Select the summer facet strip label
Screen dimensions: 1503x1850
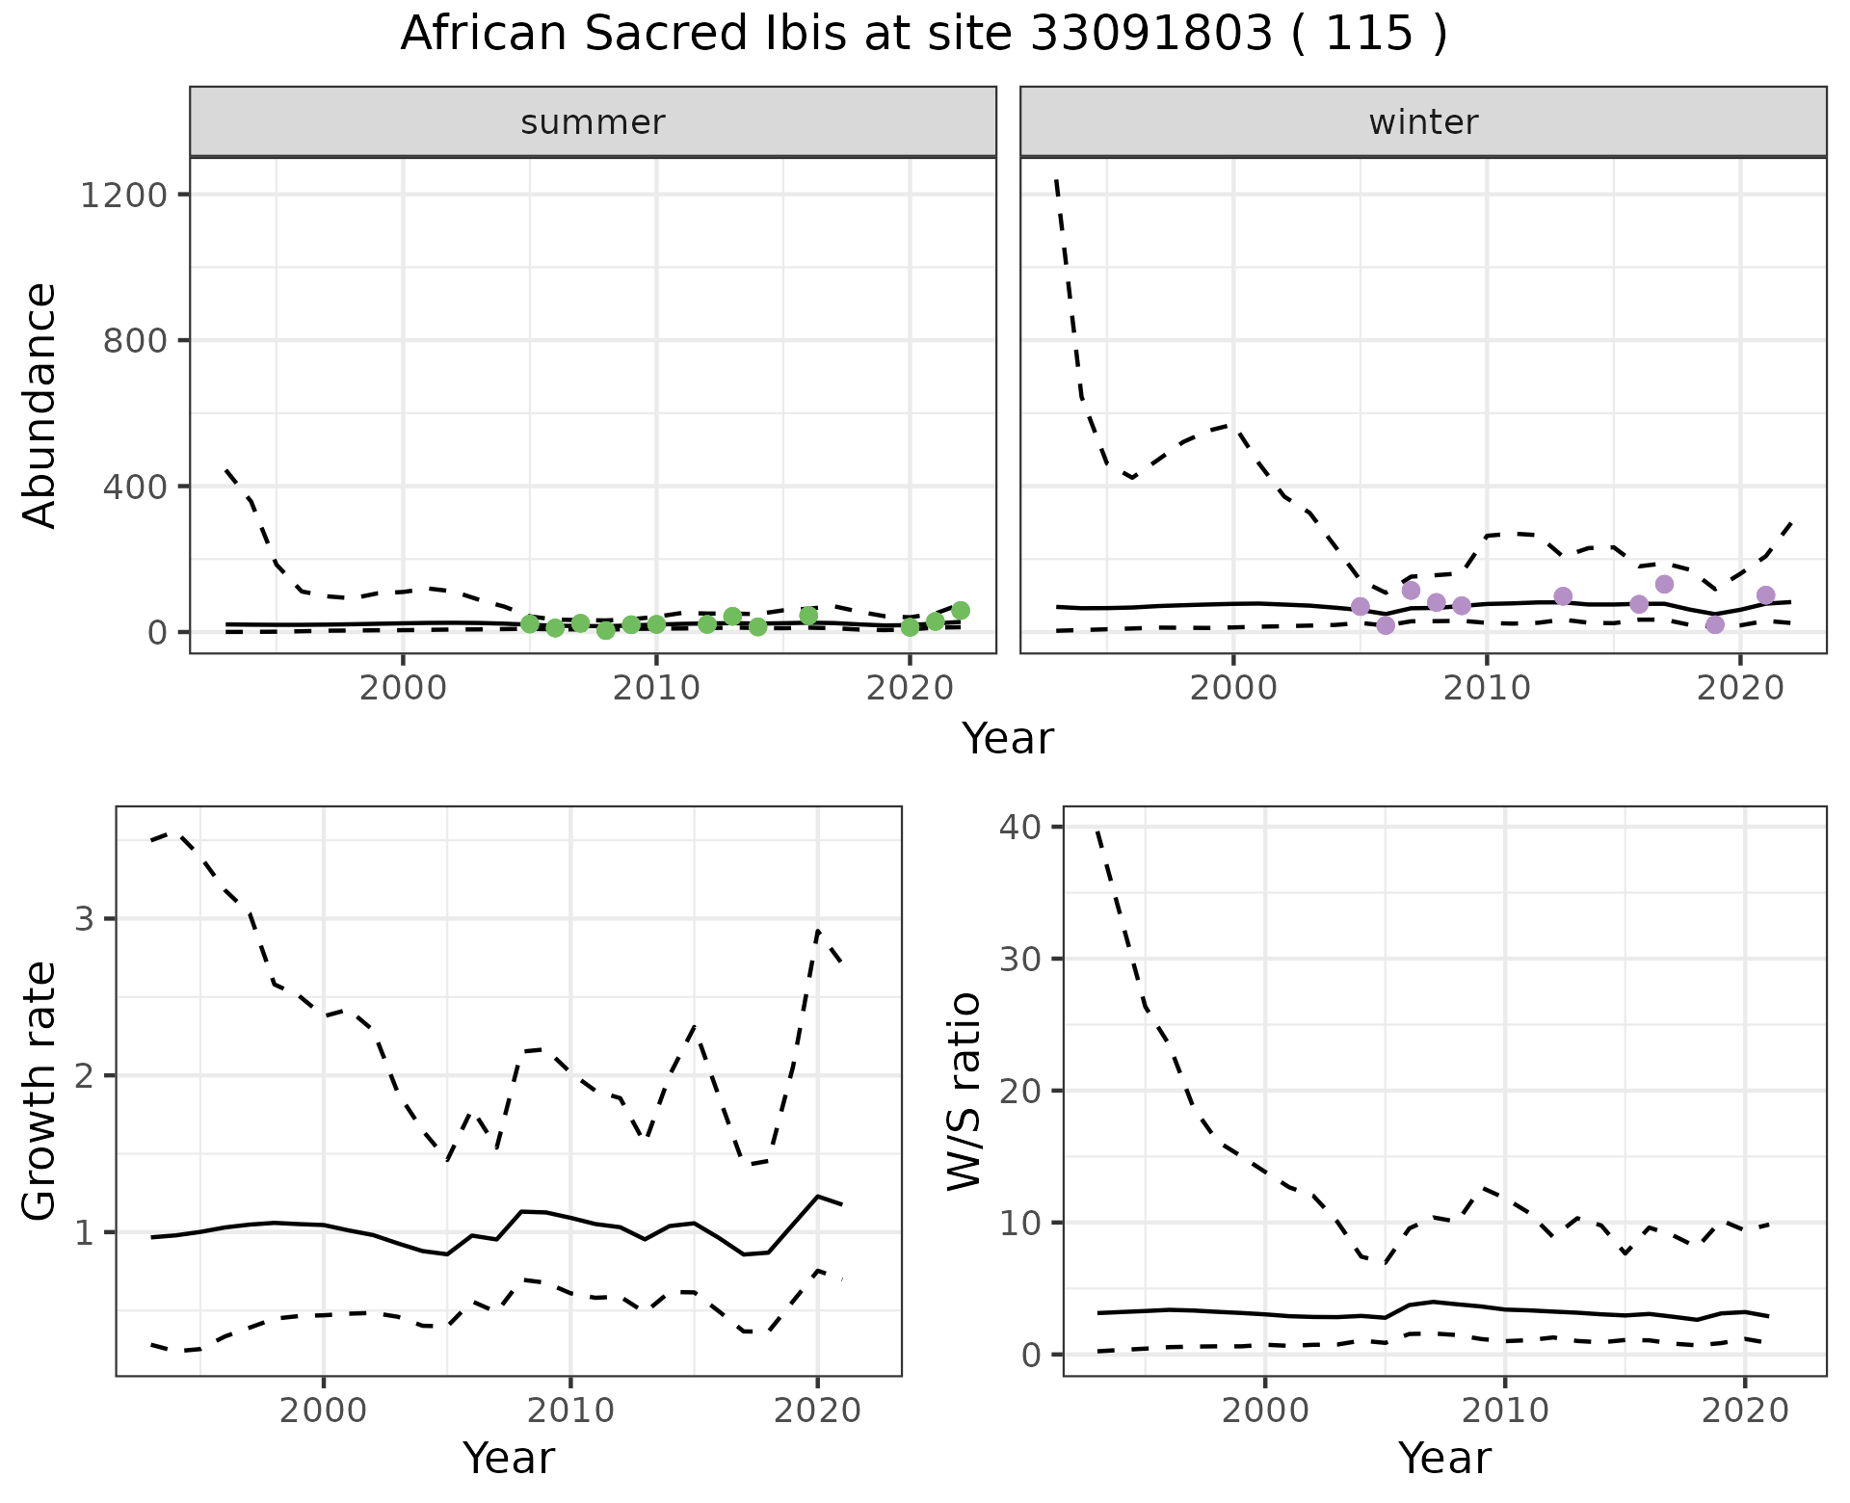point(593,122)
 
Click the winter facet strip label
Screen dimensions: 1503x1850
point(1423,122)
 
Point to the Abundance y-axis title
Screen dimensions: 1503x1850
point(40,405)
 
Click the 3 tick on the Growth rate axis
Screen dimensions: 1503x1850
point(85,918)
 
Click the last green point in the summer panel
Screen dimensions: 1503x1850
point(960,610)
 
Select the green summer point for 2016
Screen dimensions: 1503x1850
point(808,616)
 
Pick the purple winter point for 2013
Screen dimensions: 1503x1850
point(1563,596)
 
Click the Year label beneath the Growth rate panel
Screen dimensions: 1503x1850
point(509,1459)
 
